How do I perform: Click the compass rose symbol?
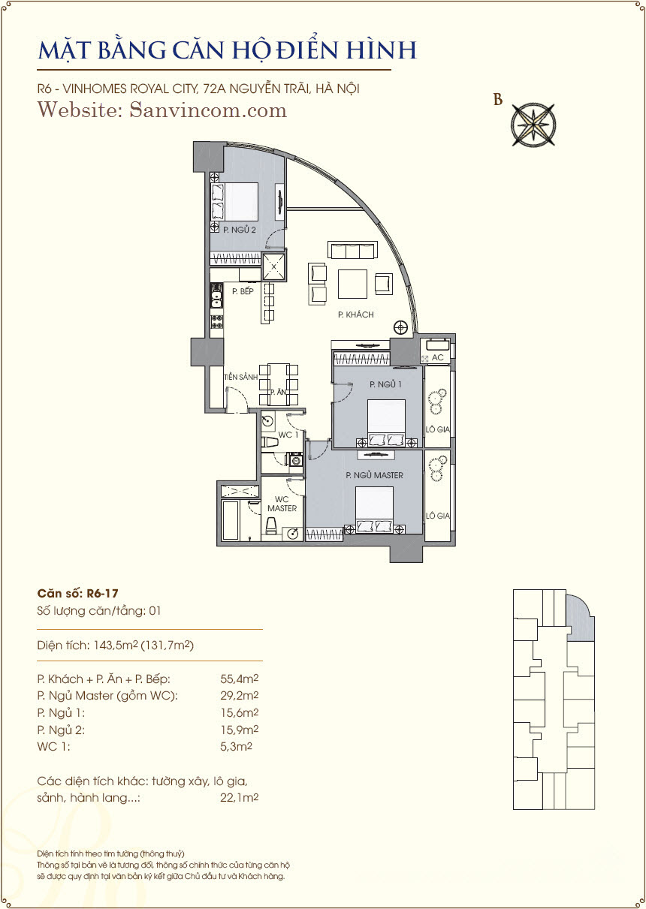tap(533, 124)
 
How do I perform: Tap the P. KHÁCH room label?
tap(356, 315)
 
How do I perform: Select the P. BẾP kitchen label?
tap(243, 291)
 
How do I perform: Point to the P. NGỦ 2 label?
tap(240, 230)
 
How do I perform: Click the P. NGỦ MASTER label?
tap(374, 475)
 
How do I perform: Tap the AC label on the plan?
tap(438, 357)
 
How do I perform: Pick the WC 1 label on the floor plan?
tap(288, 435)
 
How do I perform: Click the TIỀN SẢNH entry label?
tap(241, 377)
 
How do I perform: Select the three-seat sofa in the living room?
tap(352, 250)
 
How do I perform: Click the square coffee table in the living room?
tap(352, 284)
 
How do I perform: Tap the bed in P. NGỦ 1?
tap(386, 423)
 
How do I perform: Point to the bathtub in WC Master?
tap(230, 520)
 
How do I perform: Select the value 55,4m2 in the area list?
tap(239, 679)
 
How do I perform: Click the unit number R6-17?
tap(102, 594)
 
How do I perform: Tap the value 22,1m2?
tap(239, 797)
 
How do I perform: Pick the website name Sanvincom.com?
tap(208, 110)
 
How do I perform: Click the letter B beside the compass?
tap(498, 100)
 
